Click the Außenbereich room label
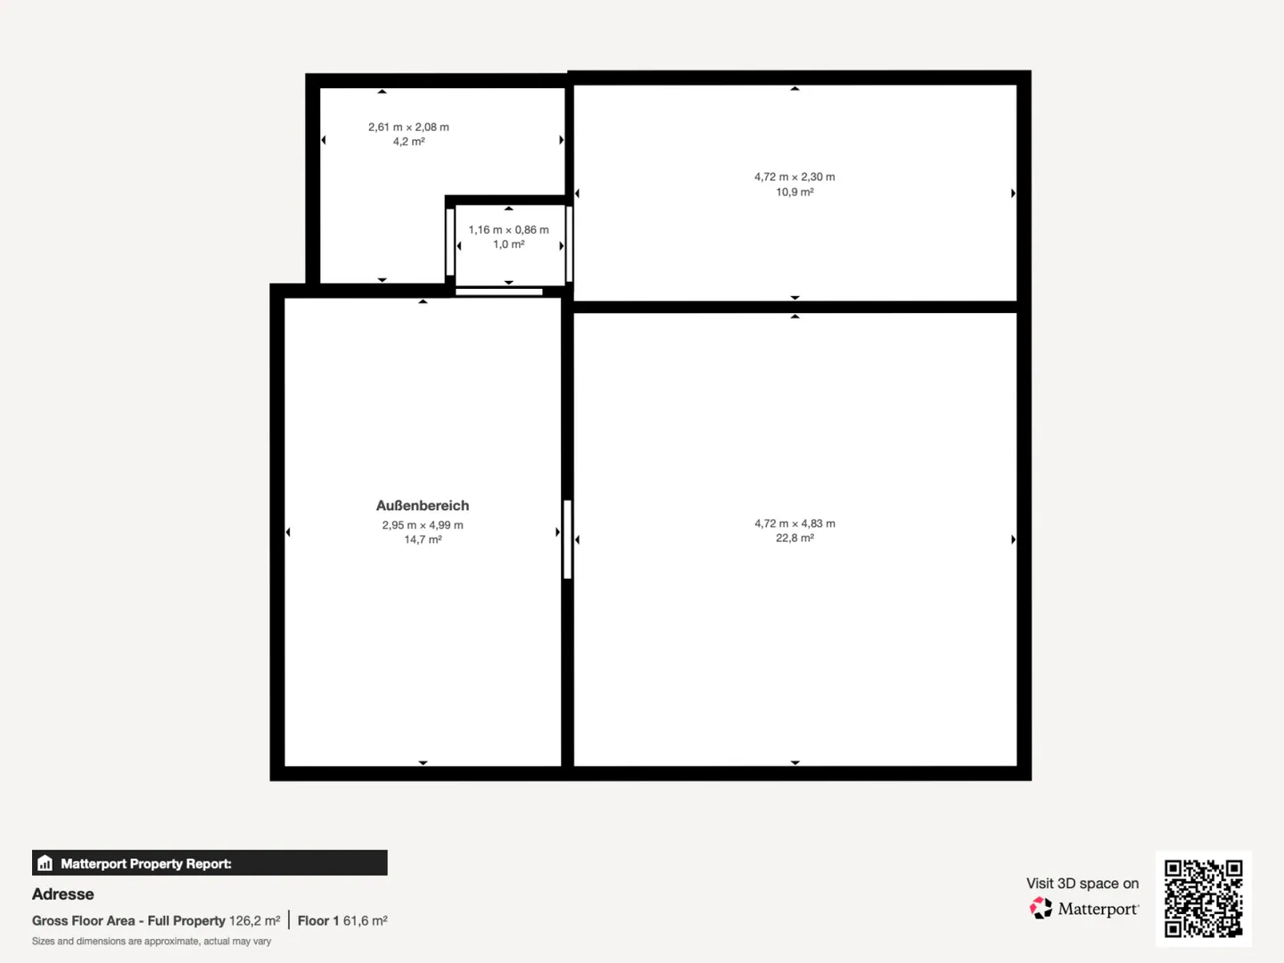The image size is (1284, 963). click(x=423, y=506)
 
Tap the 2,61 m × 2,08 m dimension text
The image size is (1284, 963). click(x=408, y=127)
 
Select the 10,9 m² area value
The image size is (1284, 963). click(x=794, y=192)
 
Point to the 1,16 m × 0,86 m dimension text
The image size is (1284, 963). click(x=508, y=230)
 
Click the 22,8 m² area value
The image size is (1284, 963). click(x=794, y=538)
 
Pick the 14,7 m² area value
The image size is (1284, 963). click(x=423, y=539)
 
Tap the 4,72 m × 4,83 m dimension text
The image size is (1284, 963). click(x=794, y=523)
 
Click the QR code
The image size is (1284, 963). click(x=1203, y=898)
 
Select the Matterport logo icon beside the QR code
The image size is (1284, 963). click(x=1041, y=908)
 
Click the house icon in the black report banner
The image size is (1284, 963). click(x=45, y=863)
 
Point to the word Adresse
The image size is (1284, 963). click(x=62, y=894)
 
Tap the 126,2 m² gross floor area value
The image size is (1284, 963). click(x=254, y=921)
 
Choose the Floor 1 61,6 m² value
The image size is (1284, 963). click(x=342, y=921)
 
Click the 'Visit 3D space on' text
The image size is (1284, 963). click(x=1082, y=883)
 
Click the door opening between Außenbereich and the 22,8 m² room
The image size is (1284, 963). click(x=567, y=539)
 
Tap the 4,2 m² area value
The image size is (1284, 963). click(x=408, y=142)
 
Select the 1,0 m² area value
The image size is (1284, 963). click(x=508, y=244)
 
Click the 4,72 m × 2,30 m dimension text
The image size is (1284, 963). click(x=794, y=177)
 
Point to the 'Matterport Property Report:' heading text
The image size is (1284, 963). click(x=145, y=864)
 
